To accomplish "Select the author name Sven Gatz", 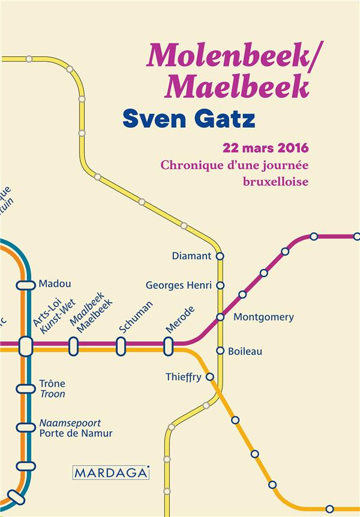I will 189,118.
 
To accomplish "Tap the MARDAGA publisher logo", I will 110,472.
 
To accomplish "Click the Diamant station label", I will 191,256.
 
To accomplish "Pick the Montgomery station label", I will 263,317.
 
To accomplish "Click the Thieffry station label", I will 183,377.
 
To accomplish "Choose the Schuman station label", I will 135,317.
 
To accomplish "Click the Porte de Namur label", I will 76,433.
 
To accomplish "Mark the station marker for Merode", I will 168,345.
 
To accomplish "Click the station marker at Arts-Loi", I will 26,345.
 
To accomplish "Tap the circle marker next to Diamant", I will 220,256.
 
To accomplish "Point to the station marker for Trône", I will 26,389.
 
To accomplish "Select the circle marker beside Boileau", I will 220,351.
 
